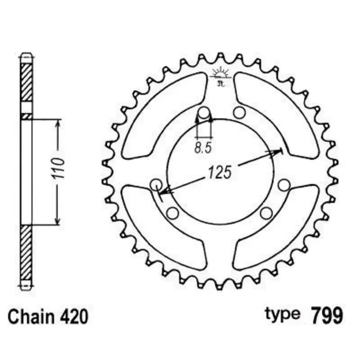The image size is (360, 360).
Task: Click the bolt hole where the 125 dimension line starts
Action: pos(157,184)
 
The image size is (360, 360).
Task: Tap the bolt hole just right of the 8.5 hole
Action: pos(238,112)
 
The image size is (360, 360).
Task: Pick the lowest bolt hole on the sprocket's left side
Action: pos(172,212)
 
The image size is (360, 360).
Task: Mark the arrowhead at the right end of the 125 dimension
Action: pos(275,152)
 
